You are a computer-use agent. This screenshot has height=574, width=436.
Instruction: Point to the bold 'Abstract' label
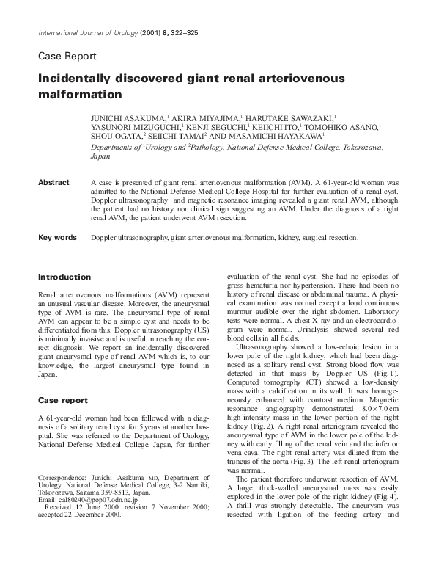[53, 182]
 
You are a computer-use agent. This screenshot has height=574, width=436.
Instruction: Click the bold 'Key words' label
[57, 238]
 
